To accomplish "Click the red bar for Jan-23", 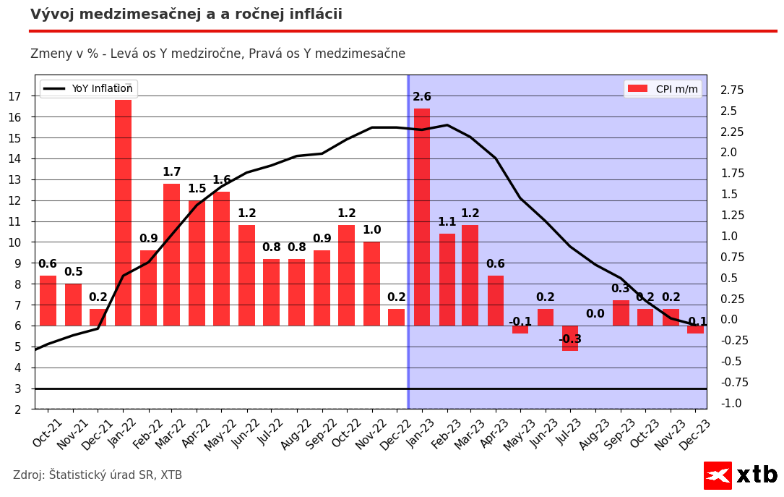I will point(422,217).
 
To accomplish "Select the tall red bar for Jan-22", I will point(123,213).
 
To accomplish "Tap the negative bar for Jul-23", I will point(570,338).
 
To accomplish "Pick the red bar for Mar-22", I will point(172,255).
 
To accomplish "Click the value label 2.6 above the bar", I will point(422,97).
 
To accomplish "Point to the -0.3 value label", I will point(570,339).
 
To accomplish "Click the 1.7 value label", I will point(172,172).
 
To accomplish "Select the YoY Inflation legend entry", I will point(88,89).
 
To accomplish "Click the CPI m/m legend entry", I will point(663,89).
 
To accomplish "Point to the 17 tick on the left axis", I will point(14,96).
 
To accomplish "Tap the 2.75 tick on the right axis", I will point(731,90).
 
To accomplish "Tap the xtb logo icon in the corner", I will point(718,475).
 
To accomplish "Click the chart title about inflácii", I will point(186,14).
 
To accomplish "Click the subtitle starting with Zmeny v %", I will point(217,54).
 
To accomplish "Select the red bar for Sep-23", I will point(621,313).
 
